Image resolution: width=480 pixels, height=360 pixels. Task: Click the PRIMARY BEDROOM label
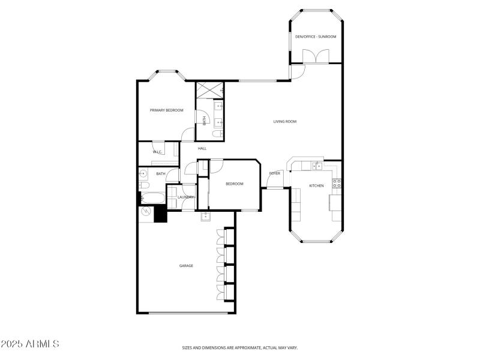166,110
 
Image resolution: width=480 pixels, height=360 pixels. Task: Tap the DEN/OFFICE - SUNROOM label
316,37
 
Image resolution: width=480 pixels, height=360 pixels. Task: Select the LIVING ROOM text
285,122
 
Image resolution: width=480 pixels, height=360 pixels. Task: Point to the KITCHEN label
316,185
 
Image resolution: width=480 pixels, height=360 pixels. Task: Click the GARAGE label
186,265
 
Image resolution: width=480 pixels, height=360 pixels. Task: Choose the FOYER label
275,173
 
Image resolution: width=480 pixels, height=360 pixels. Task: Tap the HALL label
202,148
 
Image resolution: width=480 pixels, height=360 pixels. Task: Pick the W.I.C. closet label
158,152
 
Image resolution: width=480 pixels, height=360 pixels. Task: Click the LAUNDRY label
185,197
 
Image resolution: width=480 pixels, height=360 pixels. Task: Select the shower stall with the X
209,89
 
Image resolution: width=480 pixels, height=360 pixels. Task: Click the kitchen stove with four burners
338,183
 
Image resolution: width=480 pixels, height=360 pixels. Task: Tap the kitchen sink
316,166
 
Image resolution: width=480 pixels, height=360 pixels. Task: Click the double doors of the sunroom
316,56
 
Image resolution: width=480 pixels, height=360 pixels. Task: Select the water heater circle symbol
146,212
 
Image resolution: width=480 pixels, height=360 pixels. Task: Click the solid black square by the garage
160,214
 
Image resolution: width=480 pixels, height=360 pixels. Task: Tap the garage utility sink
205,215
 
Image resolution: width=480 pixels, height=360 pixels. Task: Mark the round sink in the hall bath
143,174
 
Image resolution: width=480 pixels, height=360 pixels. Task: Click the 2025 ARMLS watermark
30,344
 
